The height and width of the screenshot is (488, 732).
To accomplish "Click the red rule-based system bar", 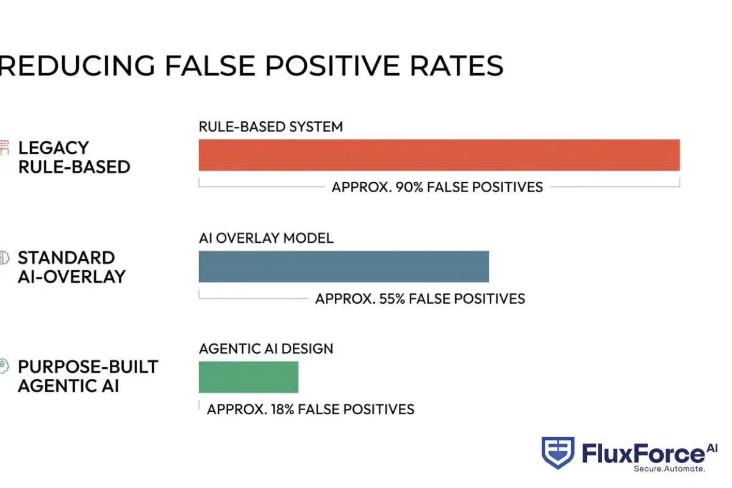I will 439,155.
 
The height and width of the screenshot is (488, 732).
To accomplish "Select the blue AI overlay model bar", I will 343,267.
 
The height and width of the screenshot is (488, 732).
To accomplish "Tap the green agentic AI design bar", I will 248,377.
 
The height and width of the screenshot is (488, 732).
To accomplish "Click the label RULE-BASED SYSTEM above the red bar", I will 271,127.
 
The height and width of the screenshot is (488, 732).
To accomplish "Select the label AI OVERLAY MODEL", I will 266,238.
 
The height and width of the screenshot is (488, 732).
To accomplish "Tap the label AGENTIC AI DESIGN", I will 266,349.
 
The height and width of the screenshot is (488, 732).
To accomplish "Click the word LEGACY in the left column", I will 54,148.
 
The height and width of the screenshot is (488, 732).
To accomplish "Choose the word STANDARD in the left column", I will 66,257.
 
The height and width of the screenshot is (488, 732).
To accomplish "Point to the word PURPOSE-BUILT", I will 88,367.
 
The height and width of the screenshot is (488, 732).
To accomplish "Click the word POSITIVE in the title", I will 317,66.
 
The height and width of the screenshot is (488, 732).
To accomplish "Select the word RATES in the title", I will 457,66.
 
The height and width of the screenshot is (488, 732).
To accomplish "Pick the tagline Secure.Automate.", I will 669,469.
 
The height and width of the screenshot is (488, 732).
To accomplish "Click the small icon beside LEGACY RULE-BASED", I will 5,148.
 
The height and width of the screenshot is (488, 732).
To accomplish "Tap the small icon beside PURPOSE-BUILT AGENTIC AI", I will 4,367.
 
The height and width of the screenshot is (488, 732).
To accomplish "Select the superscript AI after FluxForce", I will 712,448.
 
